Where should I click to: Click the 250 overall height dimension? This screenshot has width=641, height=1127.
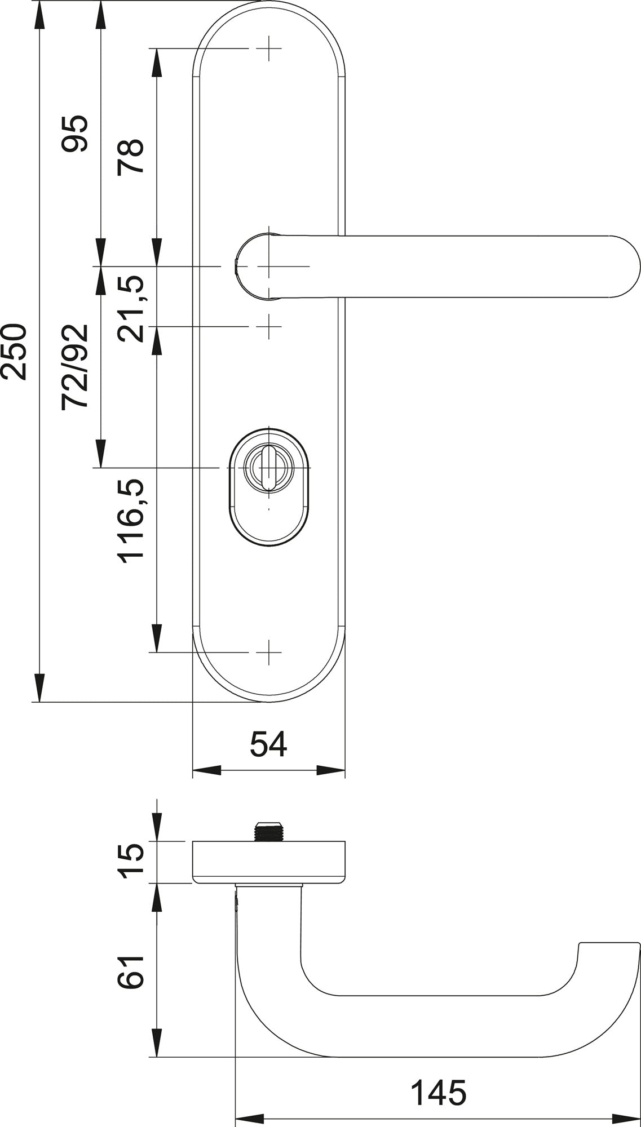[x=14, y=352]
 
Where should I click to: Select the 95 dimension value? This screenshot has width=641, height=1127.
[x=75, y=134]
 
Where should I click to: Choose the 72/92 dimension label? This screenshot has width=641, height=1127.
[x=75, y=367]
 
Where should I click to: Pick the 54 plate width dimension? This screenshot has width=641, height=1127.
[x=268, y=744]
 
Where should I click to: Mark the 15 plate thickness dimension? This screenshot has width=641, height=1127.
[x=131, y=862]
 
